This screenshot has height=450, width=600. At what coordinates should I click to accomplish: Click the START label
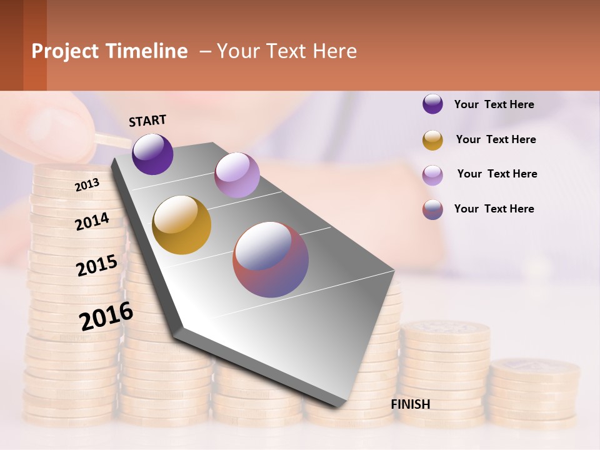(147, 121)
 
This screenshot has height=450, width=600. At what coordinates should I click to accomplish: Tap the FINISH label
(410, 404)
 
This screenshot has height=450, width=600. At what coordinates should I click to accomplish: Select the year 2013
(87, 184)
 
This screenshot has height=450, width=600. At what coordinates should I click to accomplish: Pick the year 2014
(92, 221)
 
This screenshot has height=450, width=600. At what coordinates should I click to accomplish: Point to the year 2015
(97, 265)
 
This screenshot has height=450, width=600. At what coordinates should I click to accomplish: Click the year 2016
(106, 316)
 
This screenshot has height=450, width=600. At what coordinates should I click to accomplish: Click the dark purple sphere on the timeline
(152, 154)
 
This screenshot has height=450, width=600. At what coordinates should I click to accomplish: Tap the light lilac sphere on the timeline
(237, 175)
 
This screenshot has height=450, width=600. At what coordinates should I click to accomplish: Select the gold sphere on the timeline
(182, 225)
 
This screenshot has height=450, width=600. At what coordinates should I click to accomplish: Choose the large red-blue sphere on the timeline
(271, 259)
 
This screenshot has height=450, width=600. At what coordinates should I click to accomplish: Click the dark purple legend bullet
(432, 104)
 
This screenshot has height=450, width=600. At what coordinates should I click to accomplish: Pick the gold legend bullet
(432, 140)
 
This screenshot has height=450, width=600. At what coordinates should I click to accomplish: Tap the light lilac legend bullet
(432, 175)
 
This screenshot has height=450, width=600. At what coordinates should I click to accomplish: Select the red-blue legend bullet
(432, 209)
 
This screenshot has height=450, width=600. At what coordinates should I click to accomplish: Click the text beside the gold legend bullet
(496, 139)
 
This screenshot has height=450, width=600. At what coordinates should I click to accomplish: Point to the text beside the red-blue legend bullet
(494, 209)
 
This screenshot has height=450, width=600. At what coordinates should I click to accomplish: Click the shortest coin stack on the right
(534, 394)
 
